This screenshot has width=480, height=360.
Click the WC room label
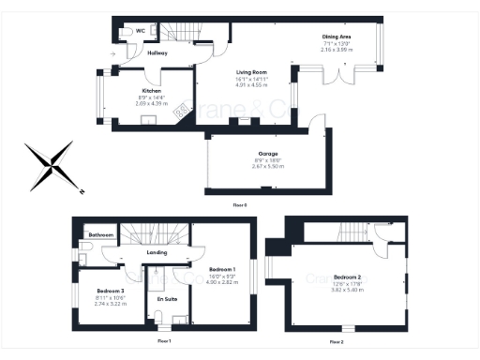pos(141,31)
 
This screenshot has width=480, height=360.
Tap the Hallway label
pos(157,53)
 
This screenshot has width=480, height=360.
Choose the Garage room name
pos(266,154)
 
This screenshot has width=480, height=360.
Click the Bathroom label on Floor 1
pos(100,234)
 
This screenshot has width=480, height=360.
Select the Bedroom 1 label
pos(221,268)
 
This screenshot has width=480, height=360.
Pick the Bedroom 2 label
pos(347,277)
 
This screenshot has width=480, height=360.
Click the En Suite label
pos(167,299)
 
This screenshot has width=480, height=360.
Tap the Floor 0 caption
pos(241,203)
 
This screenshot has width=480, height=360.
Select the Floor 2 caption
pos(337,342)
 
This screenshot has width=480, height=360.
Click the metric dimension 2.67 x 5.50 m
pos(266,166)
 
